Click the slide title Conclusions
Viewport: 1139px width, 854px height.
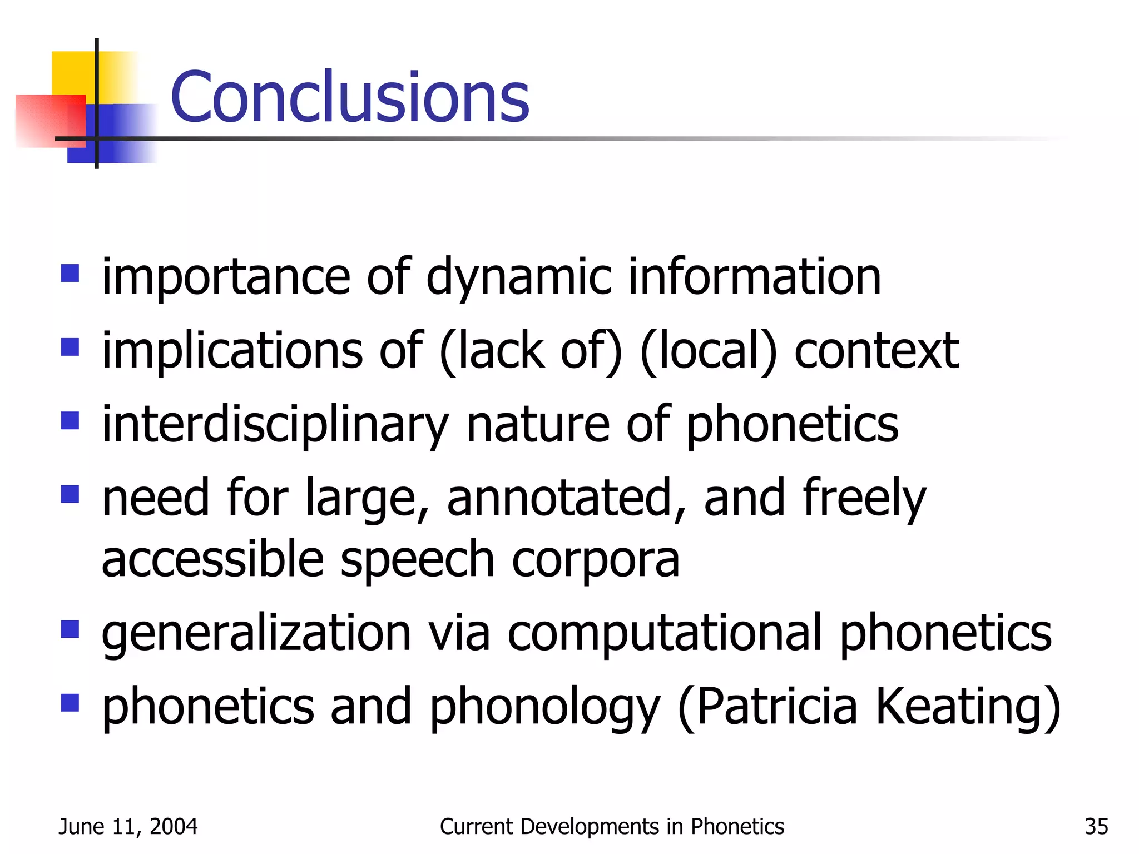[x=350, y=97]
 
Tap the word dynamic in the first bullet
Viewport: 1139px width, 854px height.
[x=518, y=276]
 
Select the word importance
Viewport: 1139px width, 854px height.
[x=226, y=276]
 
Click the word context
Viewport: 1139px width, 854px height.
[x=876, y=350]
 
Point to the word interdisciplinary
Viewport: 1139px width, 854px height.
[x=275, y=424]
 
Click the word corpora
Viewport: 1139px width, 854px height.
[x=595, y=559]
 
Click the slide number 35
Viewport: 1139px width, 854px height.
[x=1096, y=827]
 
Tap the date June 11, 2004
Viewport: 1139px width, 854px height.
[x=128, y=827]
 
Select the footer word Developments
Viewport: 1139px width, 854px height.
[x=589, y=827]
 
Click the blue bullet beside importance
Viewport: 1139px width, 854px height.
[x=70, y=273]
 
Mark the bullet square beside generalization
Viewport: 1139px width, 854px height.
[x=70, y=629]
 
